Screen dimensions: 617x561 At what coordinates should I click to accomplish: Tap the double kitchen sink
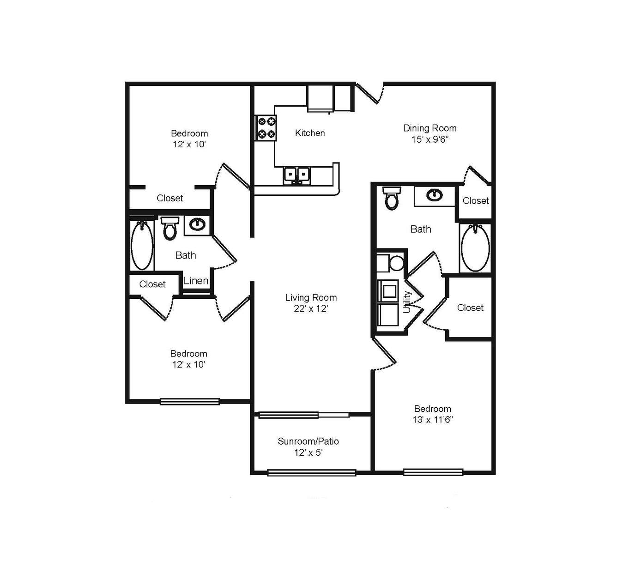tap(297, 175)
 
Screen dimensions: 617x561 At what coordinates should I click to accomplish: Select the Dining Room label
tap(429, 128)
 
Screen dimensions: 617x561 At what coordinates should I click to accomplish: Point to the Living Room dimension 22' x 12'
tap(311, 308)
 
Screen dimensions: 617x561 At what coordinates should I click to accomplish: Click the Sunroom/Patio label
tap(308, 441)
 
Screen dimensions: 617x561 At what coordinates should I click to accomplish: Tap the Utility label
tap(407, 302)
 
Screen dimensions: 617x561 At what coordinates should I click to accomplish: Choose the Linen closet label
tap(196, 281)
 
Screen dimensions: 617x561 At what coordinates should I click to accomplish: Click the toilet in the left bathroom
tap(170, 228)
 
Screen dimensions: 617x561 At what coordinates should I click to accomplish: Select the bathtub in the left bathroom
tap(142, 245)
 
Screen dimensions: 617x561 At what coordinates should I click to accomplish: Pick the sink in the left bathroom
tap(197, 224)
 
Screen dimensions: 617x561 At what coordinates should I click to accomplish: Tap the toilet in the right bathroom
tap(392, 199)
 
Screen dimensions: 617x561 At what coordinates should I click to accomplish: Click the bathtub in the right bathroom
tap(475, 248)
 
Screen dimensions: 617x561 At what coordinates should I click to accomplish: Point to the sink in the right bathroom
tap(435, 195)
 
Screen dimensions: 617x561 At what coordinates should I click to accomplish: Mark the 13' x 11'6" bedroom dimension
tap(432, 420)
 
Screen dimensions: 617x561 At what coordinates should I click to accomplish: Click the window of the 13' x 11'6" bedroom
tap(433, 472)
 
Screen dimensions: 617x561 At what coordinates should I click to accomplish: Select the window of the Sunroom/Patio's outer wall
tap(312, 473)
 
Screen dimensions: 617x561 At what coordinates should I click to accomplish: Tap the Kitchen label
tap(310, 133)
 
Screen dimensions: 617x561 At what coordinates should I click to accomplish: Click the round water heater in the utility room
tap(396, 263)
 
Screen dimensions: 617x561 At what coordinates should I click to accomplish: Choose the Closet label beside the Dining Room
tap(476, 201)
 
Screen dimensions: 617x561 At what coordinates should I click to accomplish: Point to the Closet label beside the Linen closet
tap(152, 284)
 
